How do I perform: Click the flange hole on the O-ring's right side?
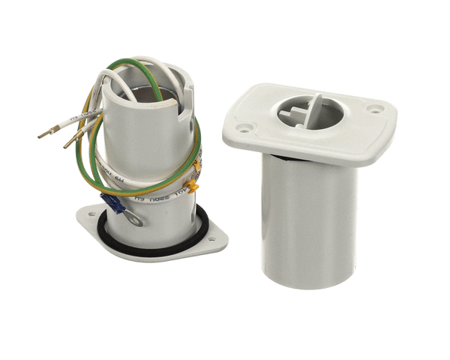(211, 240)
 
